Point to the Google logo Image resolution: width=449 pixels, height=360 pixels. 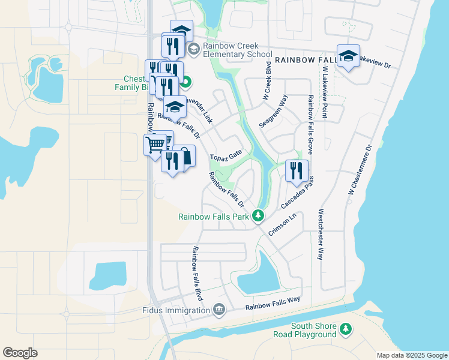(x=20, y=353)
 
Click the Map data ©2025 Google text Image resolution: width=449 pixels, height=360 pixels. (x=411, y=355)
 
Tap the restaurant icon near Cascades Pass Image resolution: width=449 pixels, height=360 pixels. (x=297, y=170)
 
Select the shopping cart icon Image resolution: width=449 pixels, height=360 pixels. (x=155, y=143)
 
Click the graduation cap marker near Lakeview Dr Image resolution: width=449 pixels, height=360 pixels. (x=348, y=56)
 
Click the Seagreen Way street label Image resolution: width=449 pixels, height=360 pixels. (x=274, y=110)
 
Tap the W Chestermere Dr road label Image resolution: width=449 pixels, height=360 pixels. (x=360, y=169)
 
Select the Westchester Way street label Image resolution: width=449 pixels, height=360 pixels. (x=322, y=233)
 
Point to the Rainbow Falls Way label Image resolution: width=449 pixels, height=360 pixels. (x=273, y=305)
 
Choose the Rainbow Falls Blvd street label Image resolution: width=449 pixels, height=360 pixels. (x=197, y=272)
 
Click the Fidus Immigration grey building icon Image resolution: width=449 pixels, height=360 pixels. (x=219, y=310)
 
